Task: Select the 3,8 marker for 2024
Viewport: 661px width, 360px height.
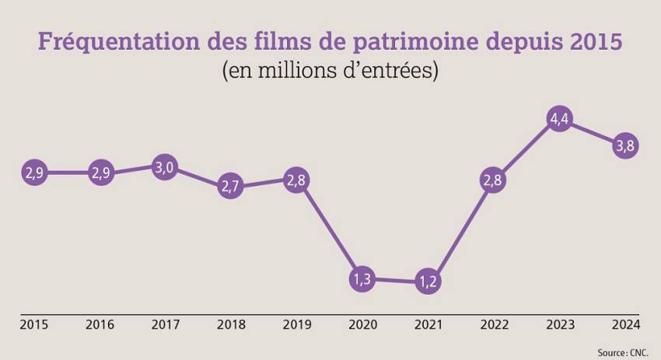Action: click(626, 145)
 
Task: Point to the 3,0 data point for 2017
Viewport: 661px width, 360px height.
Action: click(164, 167)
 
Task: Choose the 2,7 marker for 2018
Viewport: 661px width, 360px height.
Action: click(230, 186)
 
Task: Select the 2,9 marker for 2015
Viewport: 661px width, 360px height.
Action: click(33, 173)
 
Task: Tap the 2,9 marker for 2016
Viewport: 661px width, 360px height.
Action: click(100, 173)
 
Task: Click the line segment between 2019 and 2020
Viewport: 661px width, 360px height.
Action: click(329, 229)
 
